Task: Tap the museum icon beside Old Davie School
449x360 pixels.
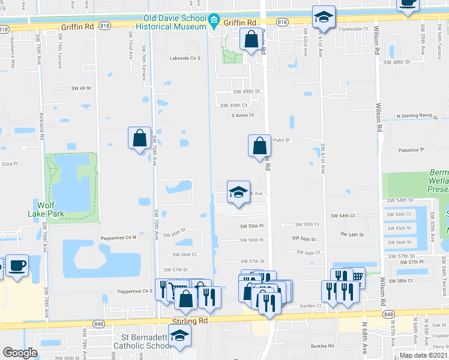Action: click(214, 22)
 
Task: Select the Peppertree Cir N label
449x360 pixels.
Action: click(118, 238)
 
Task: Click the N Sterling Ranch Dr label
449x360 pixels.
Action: click(414, 116)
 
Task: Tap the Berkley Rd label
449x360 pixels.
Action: click(322, 346)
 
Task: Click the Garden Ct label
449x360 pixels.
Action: click(311, 305)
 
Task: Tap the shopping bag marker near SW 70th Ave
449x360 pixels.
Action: click(139, 138)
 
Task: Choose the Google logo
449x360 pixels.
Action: click(20, 353)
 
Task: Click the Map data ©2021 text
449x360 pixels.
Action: click(423, 355)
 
